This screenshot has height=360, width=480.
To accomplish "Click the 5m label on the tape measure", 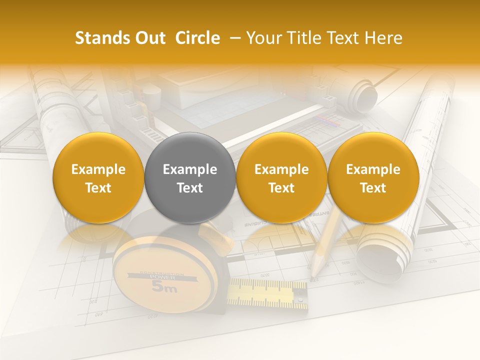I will [x=164, y=287].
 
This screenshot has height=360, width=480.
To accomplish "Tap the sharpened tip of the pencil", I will [x=313, y=275].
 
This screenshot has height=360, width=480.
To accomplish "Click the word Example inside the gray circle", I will [x=190, y=169].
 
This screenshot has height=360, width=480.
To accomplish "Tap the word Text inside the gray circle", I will [x=190, y=188].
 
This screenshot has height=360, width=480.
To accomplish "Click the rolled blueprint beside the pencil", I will [x=385, y=250].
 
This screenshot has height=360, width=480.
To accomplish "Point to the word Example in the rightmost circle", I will [x=373, y=169].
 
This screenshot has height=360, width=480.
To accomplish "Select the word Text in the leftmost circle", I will [x=98, y=188].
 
